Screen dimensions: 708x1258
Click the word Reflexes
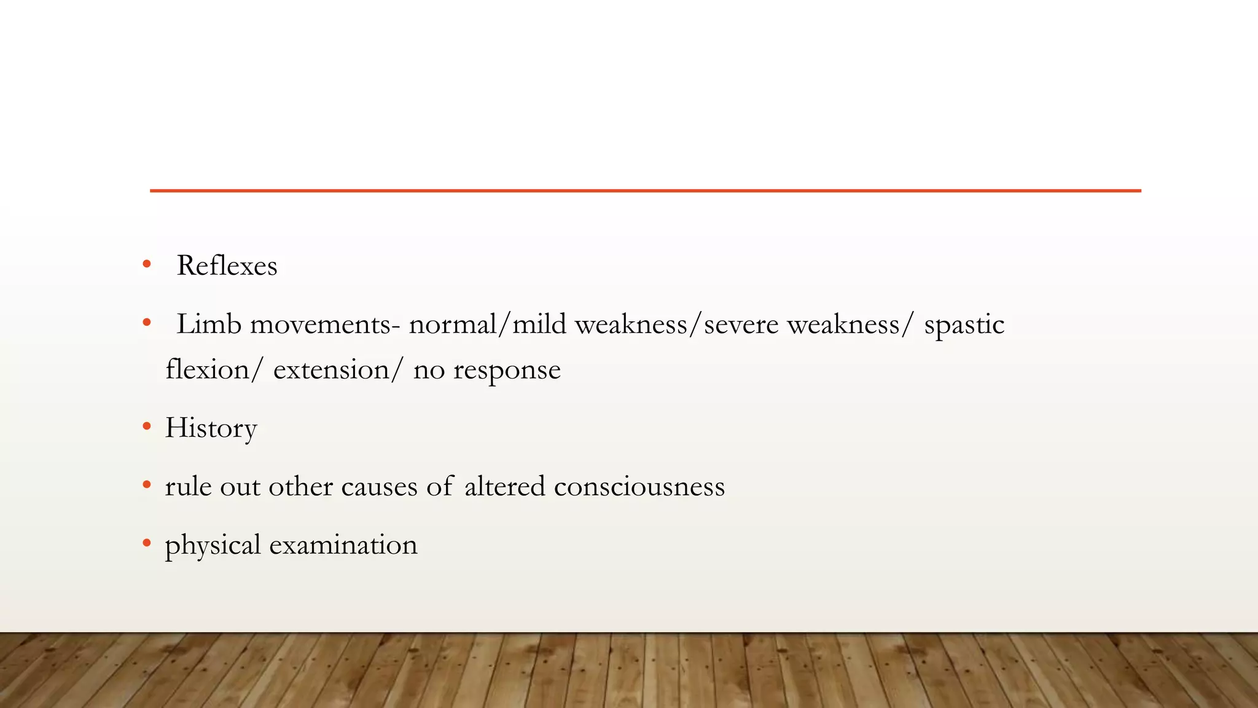227,266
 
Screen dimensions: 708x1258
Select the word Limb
209,324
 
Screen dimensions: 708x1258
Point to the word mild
539,324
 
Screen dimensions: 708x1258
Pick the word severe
741,324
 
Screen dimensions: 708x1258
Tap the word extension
331,370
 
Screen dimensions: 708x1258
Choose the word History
211,428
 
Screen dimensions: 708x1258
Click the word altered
504,486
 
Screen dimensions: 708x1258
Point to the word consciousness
639,486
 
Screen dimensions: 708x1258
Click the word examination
343,545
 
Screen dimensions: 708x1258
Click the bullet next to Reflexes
146,265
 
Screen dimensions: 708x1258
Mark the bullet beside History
146,426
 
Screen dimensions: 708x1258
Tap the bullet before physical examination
146,543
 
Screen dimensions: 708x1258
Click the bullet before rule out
146,484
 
